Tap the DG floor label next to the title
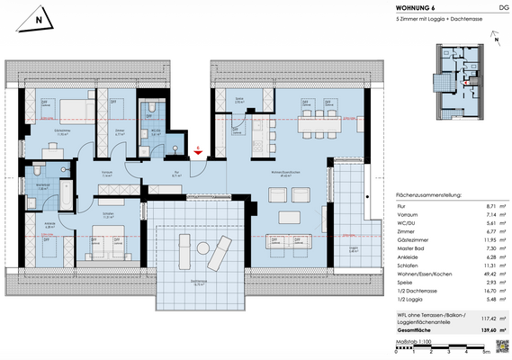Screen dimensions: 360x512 pos(501,9)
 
